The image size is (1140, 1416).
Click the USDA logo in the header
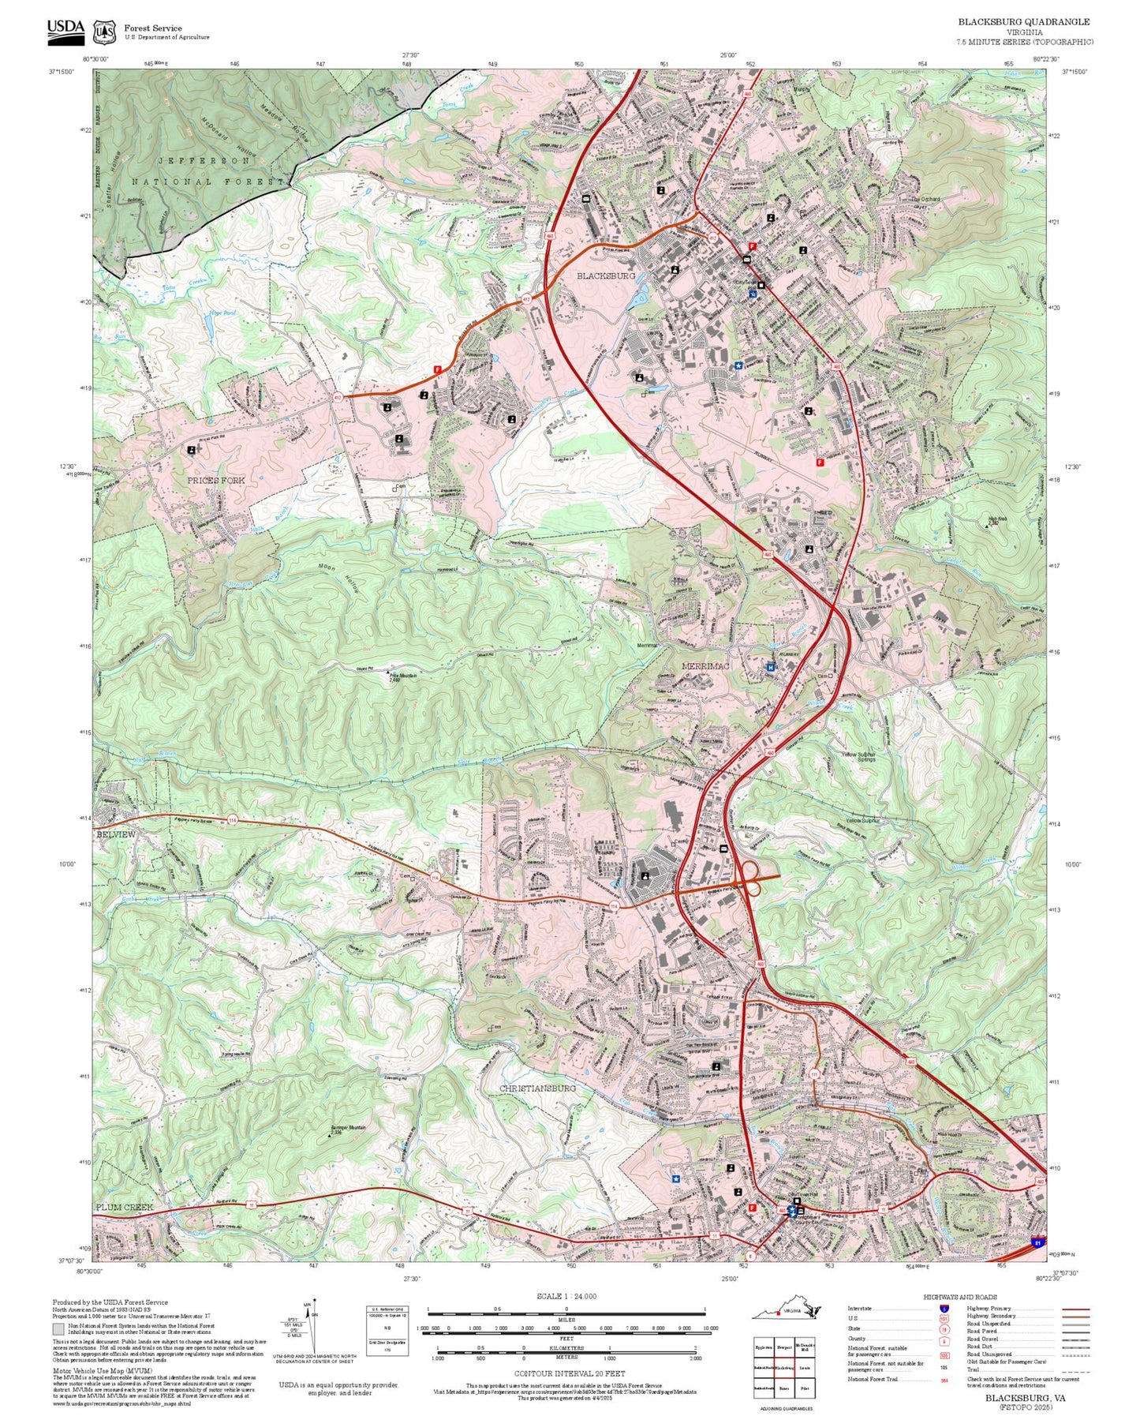[x=65, y=29]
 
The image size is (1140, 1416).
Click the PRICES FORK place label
[x=215, y=480]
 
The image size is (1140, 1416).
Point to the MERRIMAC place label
[x=705, y=666]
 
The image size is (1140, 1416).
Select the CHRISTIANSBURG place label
[x=537, y=1088]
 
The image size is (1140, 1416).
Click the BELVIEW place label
[x=116, y=834]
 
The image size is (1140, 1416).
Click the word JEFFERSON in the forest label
[x=204, y=160]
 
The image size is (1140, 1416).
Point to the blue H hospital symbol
[x=770, y=667]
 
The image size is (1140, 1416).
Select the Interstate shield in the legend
[x=944, y=1309]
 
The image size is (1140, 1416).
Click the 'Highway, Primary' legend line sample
[x=1075, y=1309]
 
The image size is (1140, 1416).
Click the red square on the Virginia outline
[x=777, y=1313]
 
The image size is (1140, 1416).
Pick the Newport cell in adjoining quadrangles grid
[x=784, y=1348]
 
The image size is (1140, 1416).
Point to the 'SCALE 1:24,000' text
[x=566, y=1296]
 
